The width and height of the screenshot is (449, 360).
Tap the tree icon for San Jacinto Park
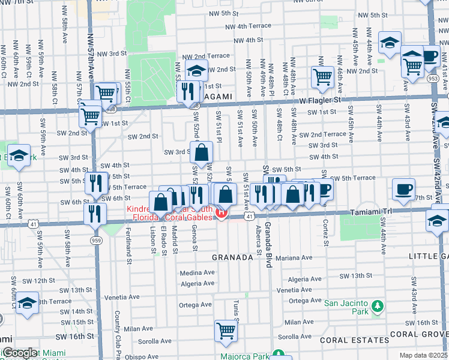tap(377, 307)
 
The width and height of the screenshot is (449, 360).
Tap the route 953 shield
tap(433, 77)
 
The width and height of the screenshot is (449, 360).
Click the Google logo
tap(19, 353)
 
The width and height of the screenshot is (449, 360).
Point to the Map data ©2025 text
tap(423, 355)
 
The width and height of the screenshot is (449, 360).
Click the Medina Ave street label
tap(197, 272)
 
